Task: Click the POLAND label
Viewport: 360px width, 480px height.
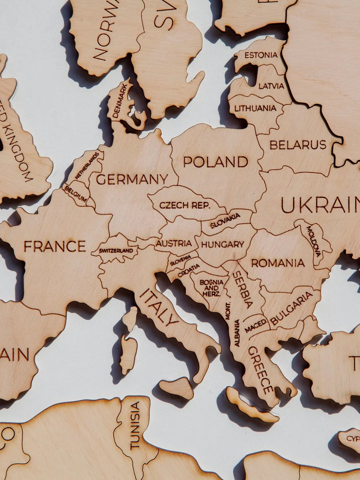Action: (216, 162)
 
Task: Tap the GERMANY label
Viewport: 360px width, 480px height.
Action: (132, 180)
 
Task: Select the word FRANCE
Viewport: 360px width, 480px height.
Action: (55, 247)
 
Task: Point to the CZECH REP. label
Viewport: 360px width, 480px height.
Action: (185, 205)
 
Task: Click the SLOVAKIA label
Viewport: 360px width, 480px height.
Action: (225, 221)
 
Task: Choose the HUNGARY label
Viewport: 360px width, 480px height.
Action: (222, 245)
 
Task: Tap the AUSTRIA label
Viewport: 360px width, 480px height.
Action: (174, 243)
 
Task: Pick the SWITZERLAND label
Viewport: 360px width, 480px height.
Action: (116, 251)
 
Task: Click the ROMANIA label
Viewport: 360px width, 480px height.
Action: (278, 263)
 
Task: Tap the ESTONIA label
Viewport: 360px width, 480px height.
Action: (261, 55)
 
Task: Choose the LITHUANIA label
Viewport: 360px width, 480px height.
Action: (255, 108)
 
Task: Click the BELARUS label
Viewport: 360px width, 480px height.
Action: (298, 145)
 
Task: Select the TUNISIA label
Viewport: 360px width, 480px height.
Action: (134, 425)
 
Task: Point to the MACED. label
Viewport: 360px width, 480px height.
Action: (256, 326)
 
